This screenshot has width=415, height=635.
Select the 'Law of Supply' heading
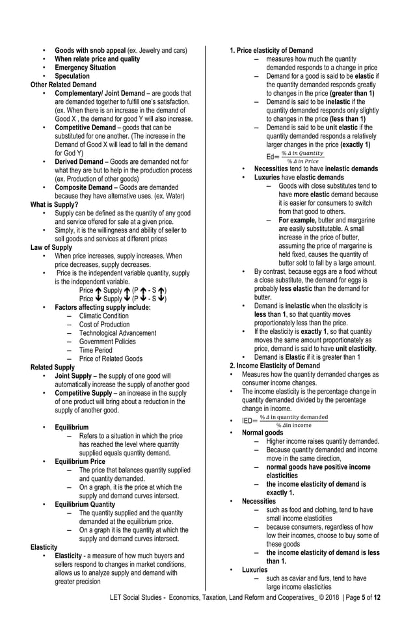tap(51, 248)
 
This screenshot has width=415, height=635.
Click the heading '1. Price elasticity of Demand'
tap(271, 51)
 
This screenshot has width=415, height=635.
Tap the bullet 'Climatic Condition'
tap(104, 316)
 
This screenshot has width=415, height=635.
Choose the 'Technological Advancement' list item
tap(118, 333)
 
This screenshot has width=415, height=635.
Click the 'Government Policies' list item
tap(108, 342)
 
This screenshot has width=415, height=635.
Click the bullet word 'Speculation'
tap(72, 76)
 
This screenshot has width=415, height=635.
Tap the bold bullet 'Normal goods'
tap(262, 433)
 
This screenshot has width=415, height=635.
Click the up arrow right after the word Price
tap(98, 290)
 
